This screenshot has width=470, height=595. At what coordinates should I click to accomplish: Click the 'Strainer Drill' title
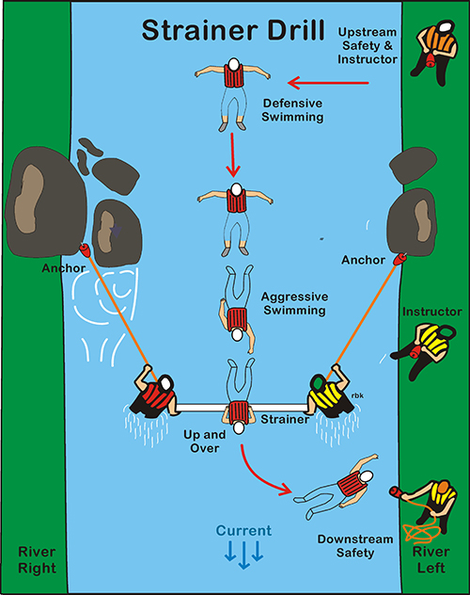tap(233, 29)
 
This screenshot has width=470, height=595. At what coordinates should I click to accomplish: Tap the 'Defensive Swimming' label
tap(292, 110)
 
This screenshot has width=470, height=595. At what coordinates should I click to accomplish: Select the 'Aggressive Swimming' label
tap(294, 303)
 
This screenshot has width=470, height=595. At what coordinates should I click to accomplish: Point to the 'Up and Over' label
tap(205, 442)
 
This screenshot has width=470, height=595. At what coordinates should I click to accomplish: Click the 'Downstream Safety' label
tap(355, 546)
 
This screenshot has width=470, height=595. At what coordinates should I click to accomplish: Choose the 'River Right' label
tap(37, 560)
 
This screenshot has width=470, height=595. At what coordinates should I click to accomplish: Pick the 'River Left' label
tap(431, 560)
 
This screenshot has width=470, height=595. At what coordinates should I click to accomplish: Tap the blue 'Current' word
tap(243, 530)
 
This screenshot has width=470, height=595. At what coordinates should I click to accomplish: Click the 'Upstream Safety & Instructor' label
tap(367, 45)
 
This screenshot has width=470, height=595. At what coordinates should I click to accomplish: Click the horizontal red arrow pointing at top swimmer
tap(328, 83)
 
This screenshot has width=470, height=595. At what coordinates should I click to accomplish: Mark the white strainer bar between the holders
tap(242, 408)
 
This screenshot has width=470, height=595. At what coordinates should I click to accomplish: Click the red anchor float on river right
tap(85, 250)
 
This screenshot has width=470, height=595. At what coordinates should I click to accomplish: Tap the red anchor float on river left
tap(399, 259)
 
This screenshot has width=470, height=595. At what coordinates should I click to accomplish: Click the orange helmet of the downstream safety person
tap(442, 488)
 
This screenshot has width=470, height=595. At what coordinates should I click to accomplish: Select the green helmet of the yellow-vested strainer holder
tap(317, 383)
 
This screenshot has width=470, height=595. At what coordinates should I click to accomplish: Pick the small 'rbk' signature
tap(357, 395)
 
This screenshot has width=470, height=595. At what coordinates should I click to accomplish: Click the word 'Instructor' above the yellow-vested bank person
tap(431, 312)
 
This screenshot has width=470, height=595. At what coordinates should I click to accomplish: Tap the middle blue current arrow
tap(243, 555)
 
